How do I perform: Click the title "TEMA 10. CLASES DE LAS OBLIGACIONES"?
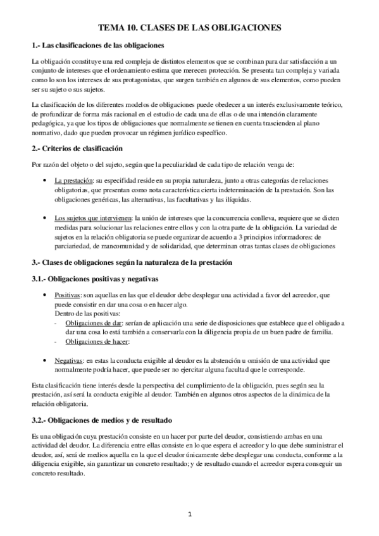[x=189, y=28]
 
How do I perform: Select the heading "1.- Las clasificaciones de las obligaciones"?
[x=98, y=46]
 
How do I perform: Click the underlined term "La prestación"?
[x=73, y=180]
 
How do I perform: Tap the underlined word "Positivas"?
[x=68, y=295]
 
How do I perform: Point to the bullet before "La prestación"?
[x=43, y=180]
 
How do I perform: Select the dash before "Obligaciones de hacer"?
[x=56, y=342]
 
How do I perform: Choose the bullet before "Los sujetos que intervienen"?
[x=43, y=218]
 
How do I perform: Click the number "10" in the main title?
[x=130, y=28]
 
